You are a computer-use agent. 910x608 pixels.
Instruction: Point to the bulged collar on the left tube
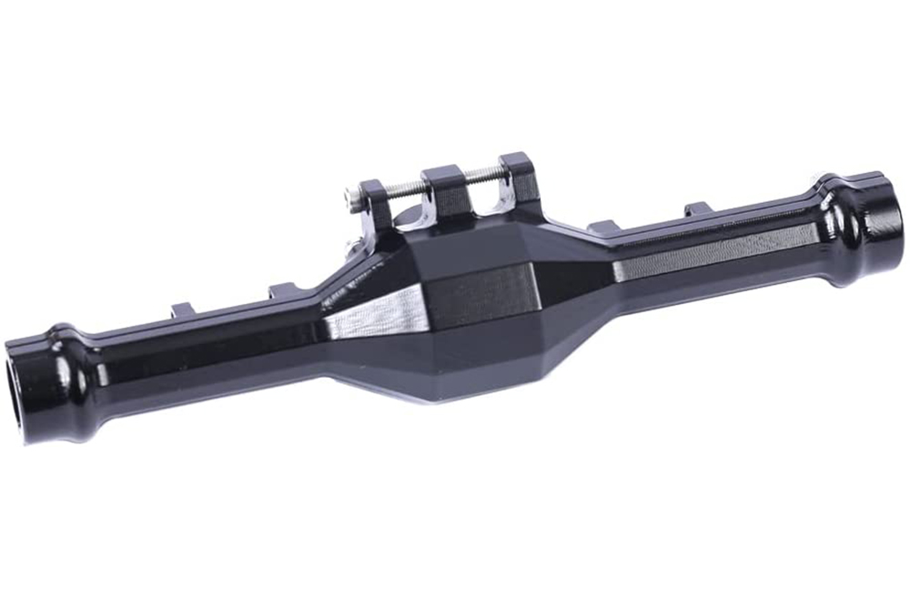[x=68, y=364]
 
